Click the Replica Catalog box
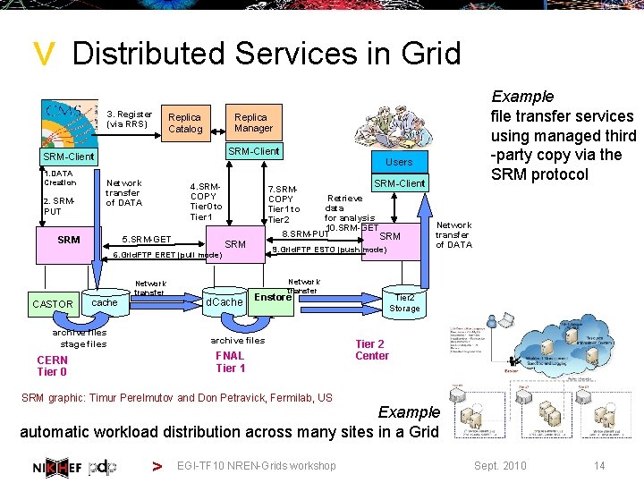tap(185, 123)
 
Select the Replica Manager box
tap(253, 123)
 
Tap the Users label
tap(399, 162)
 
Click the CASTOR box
tap(52, 304)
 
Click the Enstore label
tap(273, 297)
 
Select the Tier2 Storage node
tap(404, 303)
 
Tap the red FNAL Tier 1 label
tap(230, 361)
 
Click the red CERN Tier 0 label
tap(52, 366)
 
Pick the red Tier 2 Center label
tap(372, 350)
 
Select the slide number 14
tap(599, 465)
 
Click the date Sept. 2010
tap(500, 465)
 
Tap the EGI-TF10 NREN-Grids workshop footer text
tap(257, 465)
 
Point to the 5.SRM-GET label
tap(147, 240)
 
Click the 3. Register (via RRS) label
tap(129, 119)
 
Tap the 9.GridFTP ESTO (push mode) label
tap(329, 250)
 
